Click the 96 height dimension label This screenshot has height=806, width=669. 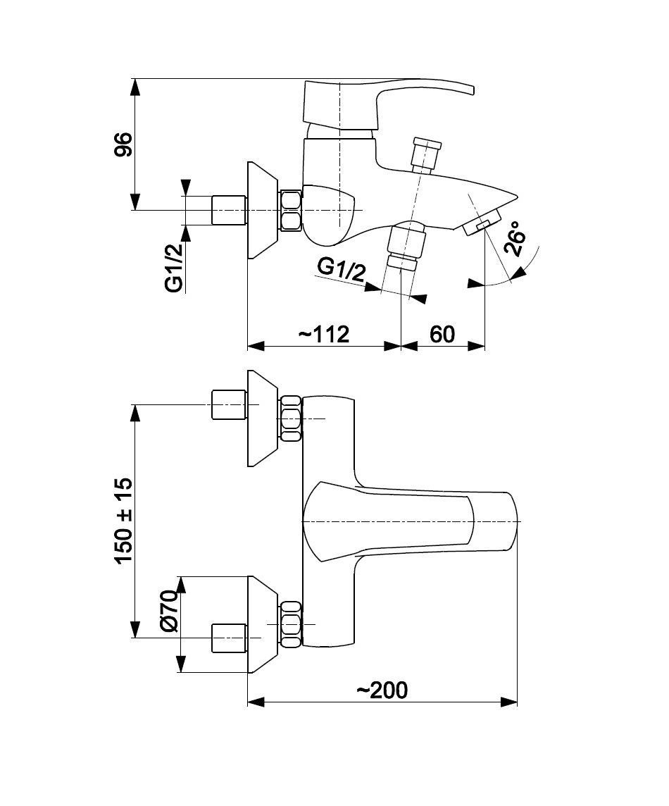123,144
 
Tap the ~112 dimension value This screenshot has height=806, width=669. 324,335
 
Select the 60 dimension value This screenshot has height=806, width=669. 442,335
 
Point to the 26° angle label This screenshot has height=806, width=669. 515,239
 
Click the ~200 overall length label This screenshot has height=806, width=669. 382,690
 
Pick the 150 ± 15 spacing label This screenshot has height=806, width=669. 124,521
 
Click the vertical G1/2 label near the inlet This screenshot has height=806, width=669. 175,267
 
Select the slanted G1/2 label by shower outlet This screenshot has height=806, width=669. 341,269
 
